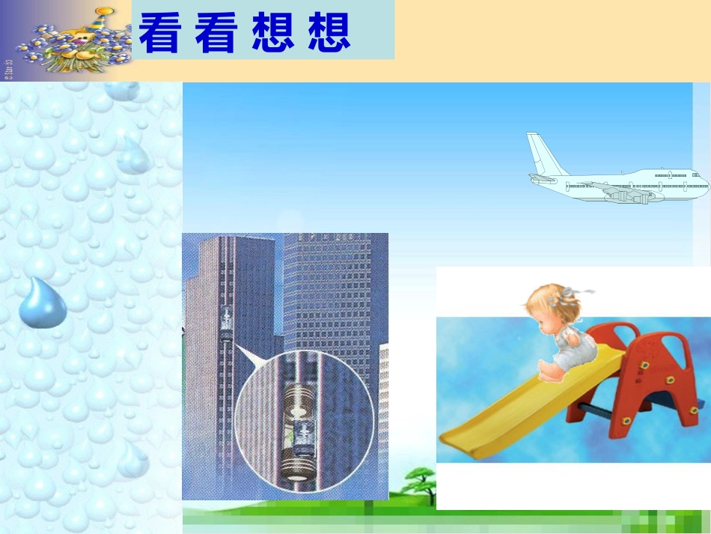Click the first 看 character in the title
coord(159,34)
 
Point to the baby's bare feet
coord(545,372)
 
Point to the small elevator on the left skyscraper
coord(226,323)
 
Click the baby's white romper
coord(576,348)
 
